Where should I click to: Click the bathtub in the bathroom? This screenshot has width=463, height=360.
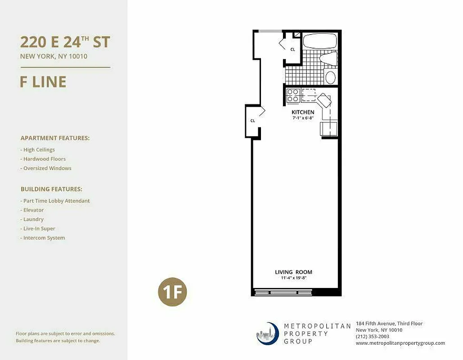(x=319, y=41)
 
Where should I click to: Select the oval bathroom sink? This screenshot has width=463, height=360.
(x=331, y=77)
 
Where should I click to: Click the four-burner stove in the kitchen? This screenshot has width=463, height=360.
(x=293, y=95)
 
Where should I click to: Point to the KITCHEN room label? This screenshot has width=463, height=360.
(x=303, y=112)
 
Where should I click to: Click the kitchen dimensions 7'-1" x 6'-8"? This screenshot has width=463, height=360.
(x=303, y=118)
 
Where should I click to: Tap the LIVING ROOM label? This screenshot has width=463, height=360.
(x=293, y=272)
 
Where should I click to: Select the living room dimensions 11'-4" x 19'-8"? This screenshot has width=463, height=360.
(x=293, y=278)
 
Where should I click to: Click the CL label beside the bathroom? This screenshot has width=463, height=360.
(x=292, y=49)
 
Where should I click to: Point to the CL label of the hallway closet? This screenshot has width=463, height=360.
(x=253, y=121)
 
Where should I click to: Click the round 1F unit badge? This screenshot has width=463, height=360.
(x=172, y=293)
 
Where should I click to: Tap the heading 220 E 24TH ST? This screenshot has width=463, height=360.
(x=65, y=42)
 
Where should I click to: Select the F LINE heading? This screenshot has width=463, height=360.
(x=43, y=82)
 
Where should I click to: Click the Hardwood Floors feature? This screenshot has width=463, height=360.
(x=44, y=159)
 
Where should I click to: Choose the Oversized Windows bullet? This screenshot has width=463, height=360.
(x=47, y=168)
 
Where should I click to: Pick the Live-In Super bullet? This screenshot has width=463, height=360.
(x=40, y=229)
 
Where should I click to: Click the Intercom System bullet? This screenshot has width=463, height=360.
(x=44, y=238)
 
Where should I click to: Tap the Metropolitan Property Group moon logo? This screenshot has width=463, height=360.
(x=267, y=333)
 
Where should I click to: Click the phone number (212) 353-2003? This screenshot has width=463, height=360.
(x=373, y=336)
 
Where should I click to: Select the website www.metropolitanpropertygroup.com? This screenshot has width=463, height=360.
(x=400, y=343)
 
